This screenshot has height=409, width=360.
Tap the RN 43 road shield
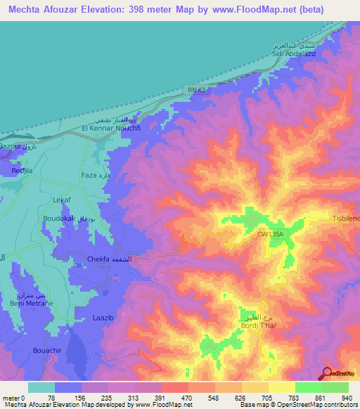coord(197,89)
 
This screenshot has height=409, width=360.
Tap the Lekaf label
coord(63,200)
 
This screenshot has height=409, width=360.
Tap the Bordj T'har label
coord(252,324)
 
